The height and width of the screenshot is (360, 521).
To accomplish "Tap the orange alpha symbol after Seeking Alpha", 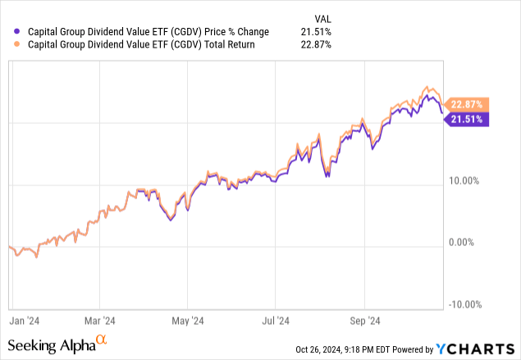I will pos(102,339).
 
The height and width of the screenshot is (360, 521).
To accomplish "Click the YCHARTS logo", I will pos(479,348).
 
